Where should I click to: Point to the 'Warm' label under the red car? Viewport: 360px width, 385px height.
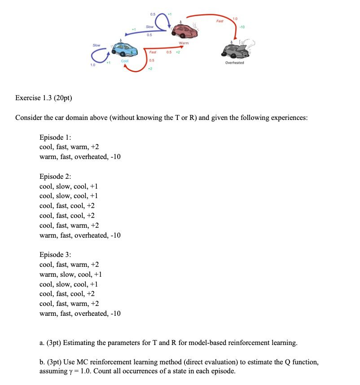[x=184, y=43]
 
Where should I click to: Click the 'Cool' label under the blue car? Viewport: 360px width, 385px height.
[x=125, y=61]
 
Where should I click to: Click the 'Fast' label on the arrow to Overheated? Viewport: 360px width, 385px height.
[x=220, y=21]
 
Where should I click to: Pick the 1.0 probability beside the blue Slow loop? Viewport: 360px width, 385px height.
[x=92, y=66]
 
